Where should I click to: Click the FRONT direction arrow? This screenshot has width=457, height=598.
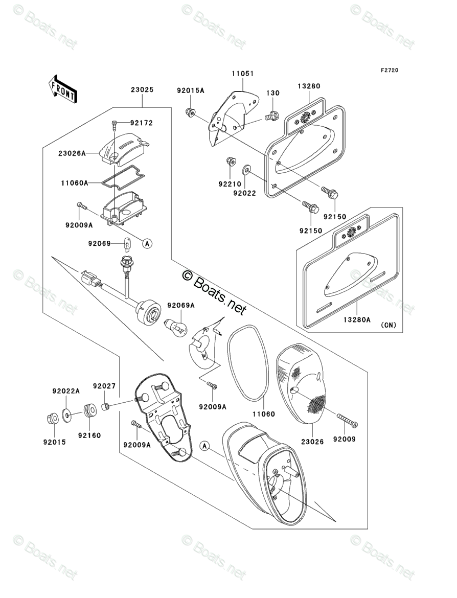(63, 88)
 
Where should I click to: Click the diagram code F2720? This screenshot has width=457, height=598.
(389, 71)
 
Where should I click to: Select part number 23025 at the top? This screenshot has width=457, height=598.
(142, 89)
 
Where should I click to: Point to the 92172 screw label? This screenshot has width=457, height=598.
(141, 123)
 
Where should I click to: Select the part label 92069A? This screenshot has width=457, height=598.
(177, 305)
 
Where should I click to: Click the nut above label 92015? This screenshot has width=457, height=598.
(52, 419)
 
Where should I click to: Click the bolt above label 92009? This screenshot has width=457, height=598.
(348, 421)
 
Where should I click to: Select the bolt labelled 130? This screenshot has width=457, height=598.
(272, 117)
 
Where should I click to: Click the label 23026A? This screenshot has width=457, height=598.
(72, 153)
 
